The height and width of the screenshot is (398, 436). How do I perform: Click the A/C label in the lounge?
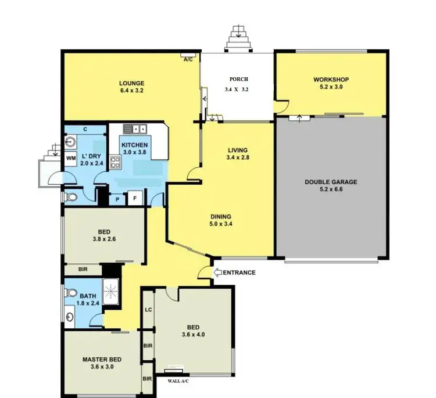pyautogui.click(x=188, y=59)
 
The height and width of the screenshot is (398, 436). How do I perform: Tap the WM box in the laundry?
pyautogui.click(x=70, y=158)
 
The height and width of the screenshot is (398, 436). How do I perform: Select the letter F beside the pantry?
pyautogui.click(x=135, y=199)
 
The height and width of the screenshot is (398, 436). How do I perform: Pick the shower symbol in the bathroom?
pyautogui.click(x=110, y=289)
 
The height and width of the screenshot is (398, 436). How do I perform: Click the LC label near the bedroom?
pyautogui.click(x=148, y=310)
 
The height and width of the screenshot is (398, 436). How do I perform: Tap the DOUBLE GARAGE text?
pyautogui.click(x=331, y=182)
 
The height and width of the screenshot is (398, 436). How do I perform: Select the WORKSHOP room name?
pyautogui.click(x=330, y=80)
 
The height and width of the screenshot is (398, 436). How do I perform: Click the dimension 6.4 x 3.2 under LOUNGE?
pyautogui.click(x=132, y=91)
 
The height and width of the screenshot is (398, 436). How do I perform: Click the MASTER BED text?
pyautogui.click(x=101, y=359)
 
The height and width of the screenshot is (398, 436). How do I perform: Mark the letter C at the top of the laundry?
pyautogui.click(x=85, y=129)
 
